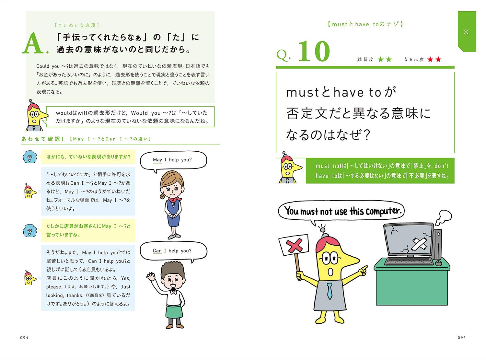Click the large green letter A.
[x=33, y=44]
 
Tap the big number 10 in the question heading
[x=313, y=52]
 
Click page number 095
[x=461, y=337]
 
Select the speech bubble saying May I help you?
[x=173, y=160]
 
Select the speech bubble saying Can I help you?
[x=173, y=251]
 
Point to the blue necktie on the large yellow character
[x=329, y=291]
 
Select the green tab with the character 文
[x=466, y=31]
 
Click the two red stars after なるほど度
[x=434, y=60]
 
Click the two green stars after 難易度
[x=385, y=60]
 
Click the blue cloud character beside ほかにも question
[x=29, y=157]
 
